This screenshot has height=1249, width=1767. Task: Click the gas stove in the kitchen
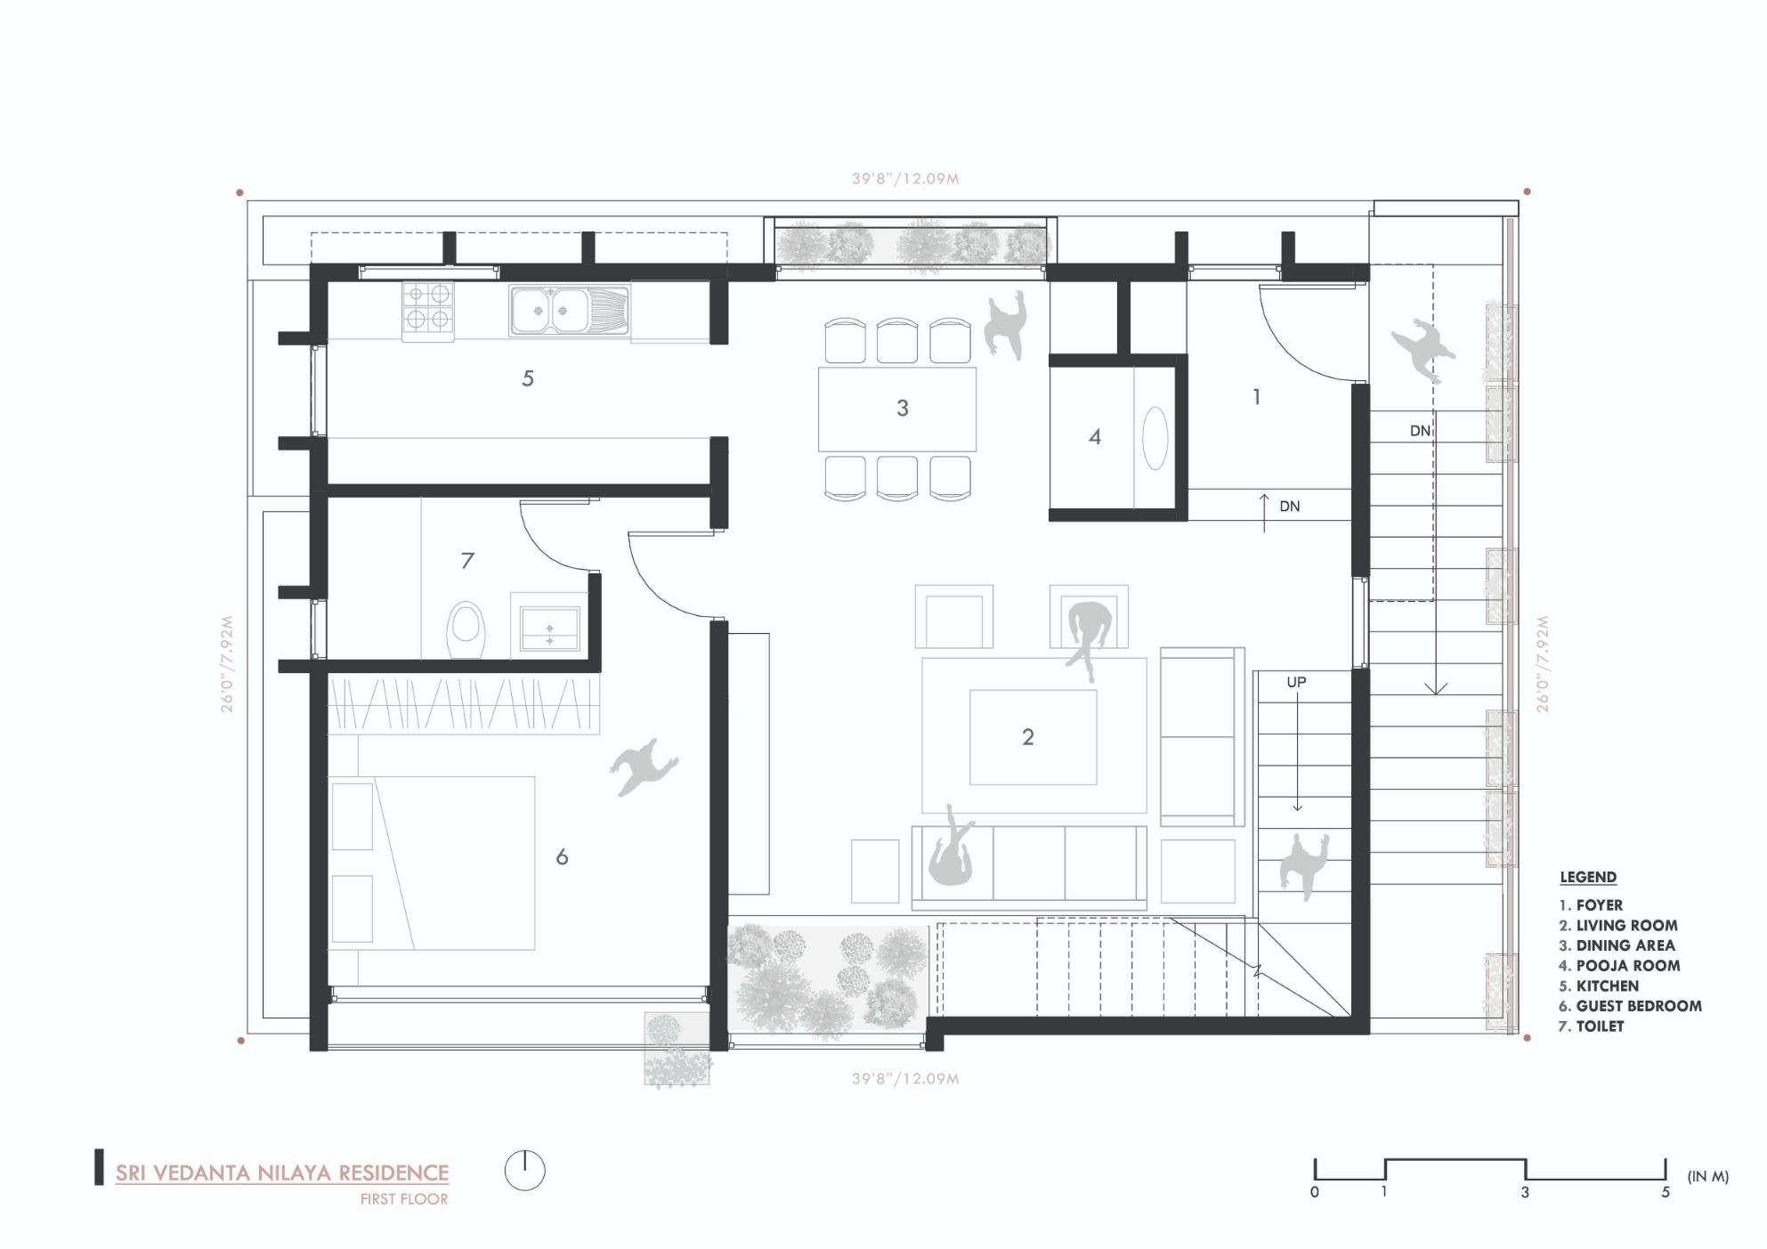pos(427,307)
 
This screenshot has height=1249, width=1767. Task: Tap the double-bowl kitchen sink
pos(571,311)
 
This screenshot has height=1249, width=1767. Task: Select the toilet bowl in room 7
pos(466,629)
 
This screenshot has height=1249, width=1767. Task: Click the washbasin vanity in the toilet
pos(548,629)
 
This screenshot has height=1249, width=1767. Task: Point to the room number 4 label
pos(1095,437)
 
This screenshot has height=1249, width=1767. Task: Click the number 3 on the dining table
pos(902,409)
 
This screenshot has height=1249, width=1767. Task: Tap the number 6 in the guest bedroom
pos(562,857)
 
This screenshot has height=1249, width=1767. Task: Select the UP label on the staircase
pos(1296,682)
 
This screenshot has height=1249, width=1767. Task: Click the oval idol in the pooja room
pos(1155,437)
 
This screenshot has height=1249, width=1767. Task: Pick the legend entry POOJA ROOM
pos(1619,966)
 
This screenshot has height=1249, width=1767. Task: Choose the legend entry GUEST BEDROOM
pos(1630,1006)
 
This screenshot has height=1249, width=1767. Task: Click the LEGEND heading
pos(1588,878)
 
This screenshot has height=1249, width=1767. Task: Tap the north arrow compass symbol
pos(525,1170)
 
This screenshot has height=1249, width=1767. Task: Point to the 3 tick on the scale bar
pos(1525,1192)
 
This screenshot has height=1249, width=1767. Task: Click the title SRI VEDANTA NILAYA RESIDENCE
pos(282,1173)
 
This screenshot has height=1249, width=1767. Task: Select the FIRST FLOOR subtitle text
pos(404,1199)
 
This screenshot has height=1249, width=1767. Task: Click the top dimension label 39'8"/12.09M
pos(905,179)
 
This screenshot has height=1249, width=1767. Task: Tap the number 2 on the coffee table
pos(1028,737)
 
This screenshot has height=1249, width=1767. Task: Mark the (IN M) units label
pos(1707,1177)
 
